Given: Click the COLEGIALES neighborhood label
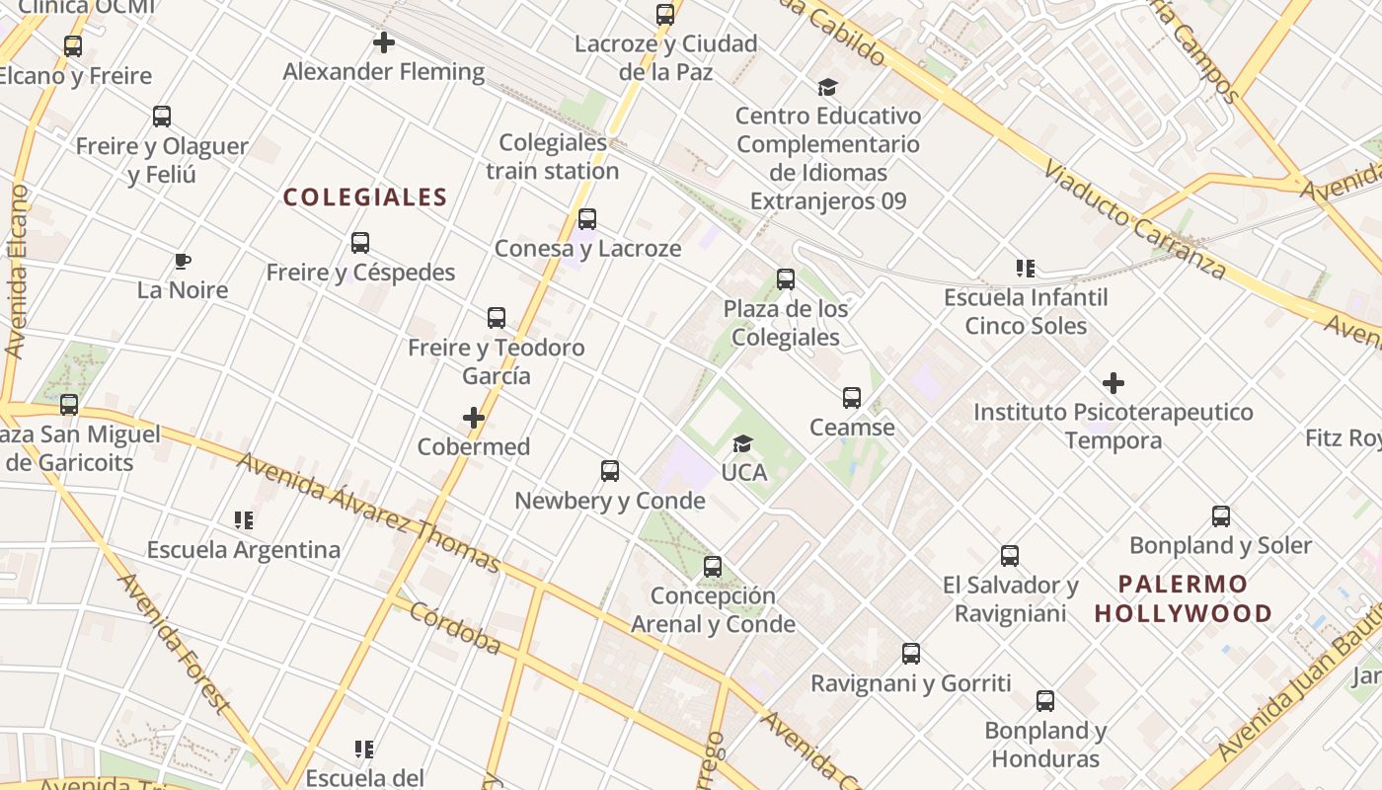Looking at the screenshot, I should click(365, 197).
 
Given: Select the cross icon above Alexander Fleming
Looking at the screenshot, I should click(384, 42).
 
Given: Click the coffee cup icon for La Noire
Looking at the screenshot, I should click(183, 262).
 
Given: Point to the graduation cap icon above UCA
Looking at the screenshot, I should click(743, 443).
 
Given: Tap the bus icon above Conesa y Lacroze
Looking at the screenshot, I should click(587, 219).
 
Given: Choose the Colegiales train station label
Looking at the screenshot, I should click(553, 156).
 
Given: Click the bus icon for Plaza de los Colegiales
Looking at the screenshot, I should click(786, 279).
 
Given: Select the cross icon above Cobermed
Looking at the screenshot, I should click(474, 418).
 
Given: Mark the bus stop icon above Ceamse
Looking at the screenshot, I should click(852, 398).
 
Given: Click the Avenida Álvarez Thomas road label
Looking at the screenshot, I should click(368, 513).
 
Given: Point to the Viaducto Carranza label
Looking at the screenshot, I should click(1134, 219).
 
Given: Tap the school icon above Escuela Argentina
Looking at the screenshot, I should click(244, 519).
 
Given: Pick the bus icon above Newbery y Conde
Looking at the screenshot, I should click(610, 471).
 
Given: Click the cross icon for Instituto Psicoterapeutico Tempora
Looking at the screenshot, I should click(1113, 383).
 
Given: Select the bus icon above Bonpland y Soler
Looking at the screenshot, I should click(1221, 516).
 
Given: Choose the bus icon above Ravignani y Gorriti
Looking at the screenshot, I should click(911, 654).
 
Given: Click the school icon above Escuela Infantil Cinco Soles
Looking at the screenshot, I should click(1026, 268).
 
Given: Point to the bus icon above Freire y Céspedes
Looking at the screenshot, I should click(360, 243).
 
